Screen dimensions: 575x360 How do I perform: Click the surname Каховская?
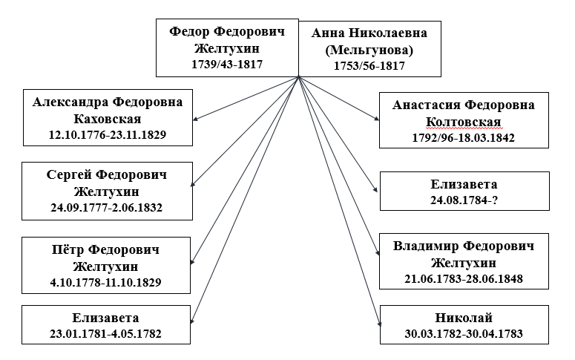pos(108,119)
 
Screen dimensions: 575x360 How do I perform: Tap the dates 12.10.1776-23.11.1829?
pos(108,134)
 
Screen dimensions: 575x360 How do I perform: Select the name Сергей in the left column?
pos(69,174)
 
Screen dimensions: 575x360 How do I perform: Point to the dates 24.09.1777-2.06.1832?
pos(106,208)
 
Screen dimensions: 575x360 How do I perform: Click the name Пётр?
pos(68,249)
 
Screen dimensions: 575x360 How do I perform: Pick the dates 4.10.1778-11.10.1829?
pos(105,283)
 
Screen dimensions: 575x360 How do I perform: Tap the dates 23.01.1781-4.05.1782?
pos(105,333)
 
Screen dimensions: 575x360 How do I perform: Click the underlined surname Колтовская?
pos(464,122)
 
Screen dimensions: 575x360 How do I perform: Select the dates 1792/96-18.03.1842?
pos(464,137)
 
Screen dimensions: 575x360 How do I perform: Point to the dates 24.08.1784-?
pos(464,200)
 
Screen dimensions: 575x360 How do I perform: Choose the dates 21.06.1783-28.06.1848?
pos(464,279)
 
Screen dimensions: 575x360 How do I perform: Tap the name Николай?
pos(464,318)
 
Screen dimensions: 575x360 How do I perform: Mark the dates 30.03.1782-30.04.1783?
pos(464,333)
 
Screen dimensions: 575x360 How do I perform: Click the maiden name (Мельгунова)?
pos(369,50)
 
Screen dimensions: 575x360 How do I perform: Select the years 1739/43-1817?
pos(227,65)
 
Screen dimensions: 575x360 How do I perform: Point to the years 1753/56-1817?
pos(369,66)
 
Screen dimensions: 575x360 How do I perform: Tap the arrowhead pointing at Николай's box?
pos(379,324)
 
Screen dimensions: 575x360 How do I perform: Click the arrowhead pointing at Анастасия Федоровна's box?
pos(377,118)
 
